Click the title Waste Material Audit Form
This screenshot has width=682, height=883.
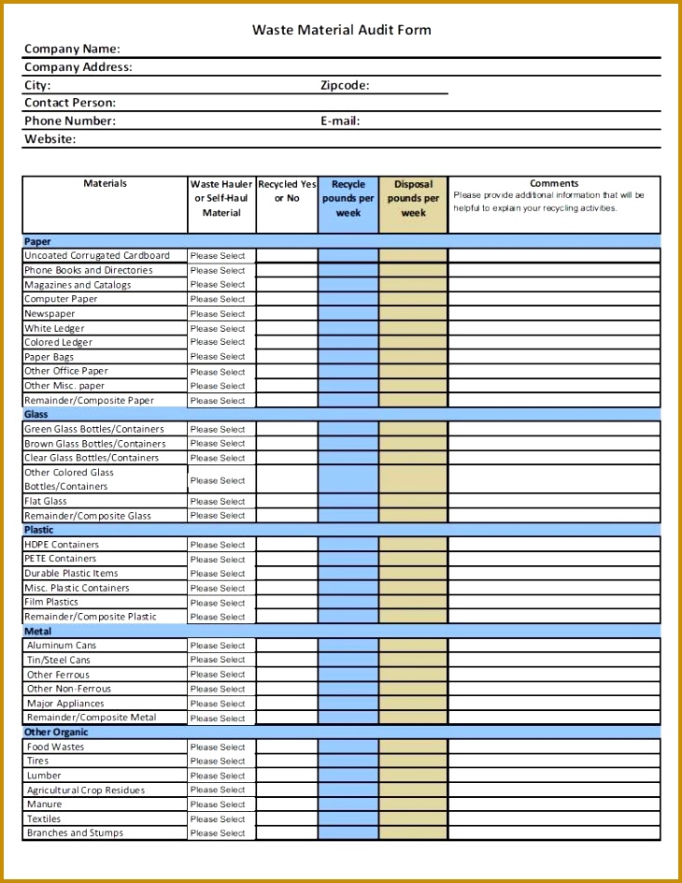point(341,30)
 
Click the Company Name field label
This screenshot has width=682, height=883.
point(72,49)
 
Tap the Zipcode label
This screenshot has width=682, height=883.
point(345,85)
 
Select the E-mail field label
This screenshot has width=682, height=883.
point(340,121)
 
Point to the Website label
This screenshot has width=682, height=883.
point(50,139)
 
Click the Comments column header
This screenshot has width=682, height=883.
point(554,184)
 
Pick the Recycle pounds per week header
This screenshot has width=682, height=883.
point(348,199)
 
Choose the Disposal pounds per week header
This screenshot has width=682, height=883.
point(413,199)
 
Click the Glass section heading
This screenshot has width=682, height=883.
point(36,414)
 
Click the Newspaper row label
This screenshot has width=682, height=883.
point(50,314)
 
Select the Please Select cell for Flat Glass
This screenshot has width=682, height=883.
point(218,502)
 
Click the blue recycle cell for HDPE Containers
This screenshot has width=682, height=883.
point(348,545)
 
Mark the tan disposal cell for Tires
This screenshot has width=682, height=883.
point(413,762)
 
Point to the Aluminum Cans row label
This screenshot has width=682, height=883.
point(62,646)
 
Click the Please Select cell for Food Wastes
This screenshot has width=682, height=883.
point(218,748)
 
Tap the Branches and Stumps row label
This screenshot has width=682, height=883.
point(75,833)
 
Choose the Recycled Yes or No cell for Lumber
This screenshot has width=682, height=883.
point(287,776)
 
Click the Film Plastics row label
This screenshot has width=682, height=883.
point(51,603)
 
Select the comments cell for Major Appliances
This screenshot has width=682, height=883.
point(554,704)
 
